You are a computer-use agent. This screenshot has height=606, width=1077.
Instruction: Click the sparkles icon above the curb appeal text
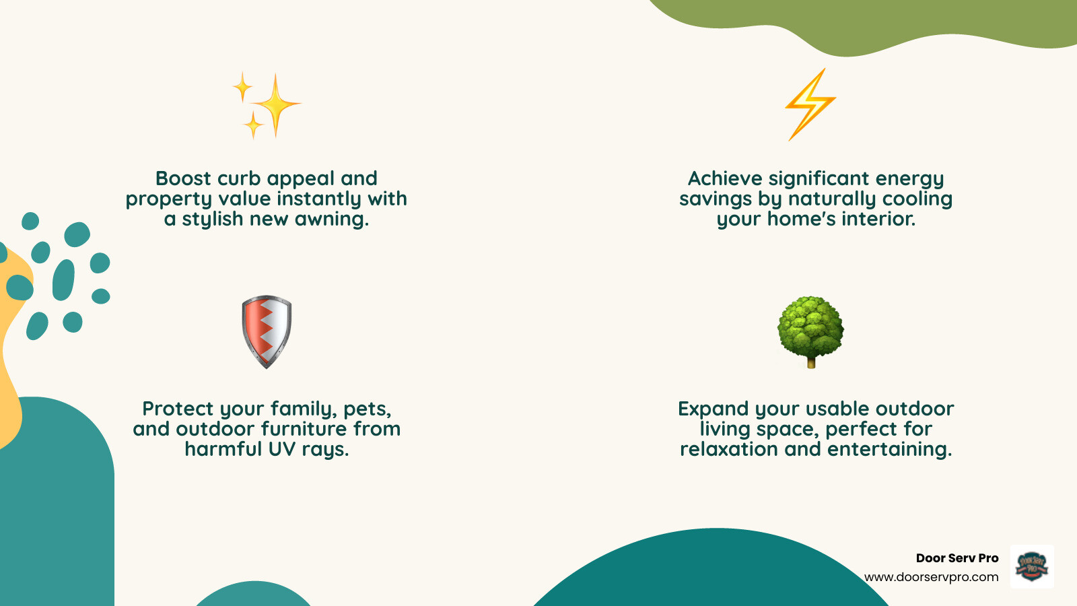pyautogui.click(x=267, y=105)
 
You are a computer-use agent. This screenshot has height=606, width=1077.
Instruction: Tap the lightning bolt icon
pyautogui.click(x=810, y=104)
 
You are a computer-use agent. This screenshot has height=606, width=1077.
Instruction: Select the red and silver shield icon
pyautogui.click(x=267, y=331)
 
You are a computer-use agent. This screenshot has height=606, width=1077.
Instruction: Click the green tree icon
pyautogui.click(x=810, y=327)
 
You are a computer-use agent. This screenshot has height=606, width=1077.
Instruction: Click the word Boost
pyautogui.click(x=183, y=178)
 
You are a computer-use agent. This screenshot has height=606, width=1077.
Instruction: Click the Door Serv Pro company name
pyautogui.click(x=957, y=558)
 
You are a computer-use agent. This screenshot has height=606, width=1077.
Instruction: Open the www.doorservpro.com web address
pyautogui.click(x=931, y=577)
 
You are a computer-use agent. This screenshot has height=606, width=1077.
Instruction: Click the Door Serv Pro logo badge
pyautogui.click(x=1032, y=566)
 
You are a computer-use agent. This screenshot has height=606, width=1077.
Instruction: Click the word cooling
pyautogui.click(x=917, y=199)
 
